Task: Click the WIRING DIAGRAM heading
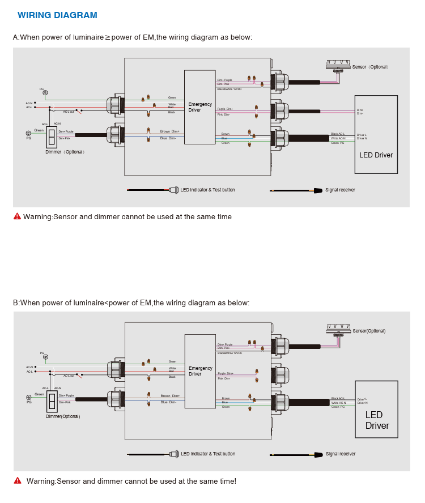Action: tap(57, 15)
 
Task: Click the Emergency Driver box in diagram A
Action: tap(199, 107)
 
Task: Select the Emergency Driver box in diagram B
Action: tap(200, 371)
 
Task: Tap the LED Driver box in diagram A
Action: tap(376, 134)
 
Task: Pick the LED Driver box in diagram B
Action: tap(376, 409)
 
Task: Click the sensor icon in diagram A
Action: tap(338, 65)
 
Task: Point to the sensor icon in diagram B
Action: tap(339, 329)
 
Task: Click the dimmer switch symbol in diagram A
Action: tap(52, 137)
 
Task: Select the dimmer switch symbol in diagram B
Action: tap(52, 401)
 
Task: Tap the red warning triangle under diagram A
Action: tap(17, 216)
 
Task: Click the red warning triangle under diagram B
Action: tap(17, 481)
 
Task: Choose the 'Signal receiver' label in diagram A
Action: tap(340, 190)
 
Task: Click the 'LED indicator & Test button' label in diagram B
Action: tap(207, 454)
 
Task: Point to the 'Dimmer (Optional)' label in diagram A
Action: tap(65, 152)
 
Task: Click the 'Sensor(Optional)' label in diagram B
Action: tap(369, 331)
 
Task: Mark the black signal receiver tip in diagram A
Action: tap(318, 190)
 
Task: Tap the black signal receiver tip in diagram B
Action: tap(318, 454)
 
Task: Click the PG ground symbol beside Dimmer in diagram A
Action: tap(29, 133)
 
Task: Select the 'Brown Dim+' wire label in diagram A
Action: tap(169, 131)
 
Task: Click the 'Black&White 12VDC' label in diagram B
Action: tap(229, 353)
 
